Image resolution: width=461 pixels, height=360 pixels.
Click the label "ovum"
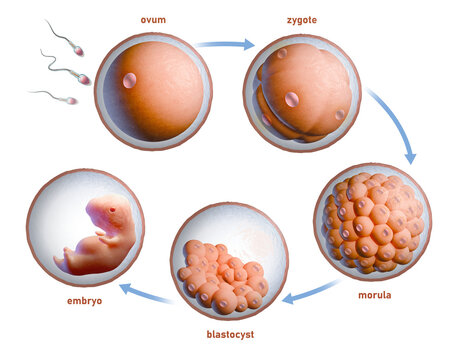[153, 19]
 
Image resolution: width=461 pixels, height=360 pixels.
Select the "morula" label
[374, 295]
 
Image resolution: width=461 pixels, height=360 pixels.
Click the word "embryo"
[84, 300]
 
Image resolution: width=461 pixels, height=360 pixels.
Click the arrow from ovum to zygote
[226, 43]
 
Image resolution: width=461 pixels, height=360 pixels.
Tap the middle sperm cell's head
[83, 79]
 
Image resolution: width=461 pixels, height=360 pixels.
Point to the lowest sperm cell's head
[71, 100]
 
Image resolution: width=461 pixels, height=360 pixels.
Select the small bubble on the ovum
[129, 81]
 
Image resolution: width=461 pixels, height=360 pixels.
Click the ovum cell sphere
[154, 91]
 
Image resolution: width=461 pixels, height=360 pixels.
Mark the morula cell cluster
[373, 221]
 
